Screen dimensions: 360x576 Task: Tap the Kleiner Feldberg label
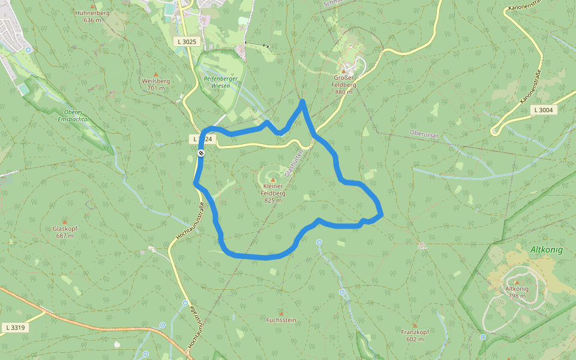tap(273, 193)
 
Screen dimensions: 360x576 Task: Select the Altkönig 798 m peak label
tap(517, 292)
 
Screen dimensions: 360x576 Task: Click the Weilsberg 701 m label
tap(155, 84)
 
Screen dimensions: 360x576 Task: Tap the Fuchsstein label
tap(281, 320)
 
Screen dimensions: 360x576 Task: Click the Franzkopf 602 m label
tap(415, 335)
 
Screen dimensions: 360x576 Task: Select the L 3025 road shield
tap(187, 41)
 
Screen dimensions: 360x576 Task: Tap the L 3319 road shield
tap(15, 328)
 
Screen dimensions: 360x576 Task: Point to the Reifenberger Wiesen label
tap(217, 82)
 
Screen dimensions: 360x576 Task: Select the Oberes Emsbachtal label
tap(74, 115)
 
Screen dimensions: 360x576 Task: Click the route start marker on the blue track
tap(201, 154)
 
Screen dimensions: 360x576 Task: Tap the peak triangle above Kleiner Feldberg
tap(273, 179)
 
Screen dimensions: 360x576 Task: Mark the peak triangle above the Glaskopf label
tap(65, 221)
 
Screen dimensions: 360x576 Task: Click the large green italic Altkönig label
tap(546, 250)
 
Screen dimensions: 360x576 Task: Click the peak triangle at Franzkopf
tap(415, 326)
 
